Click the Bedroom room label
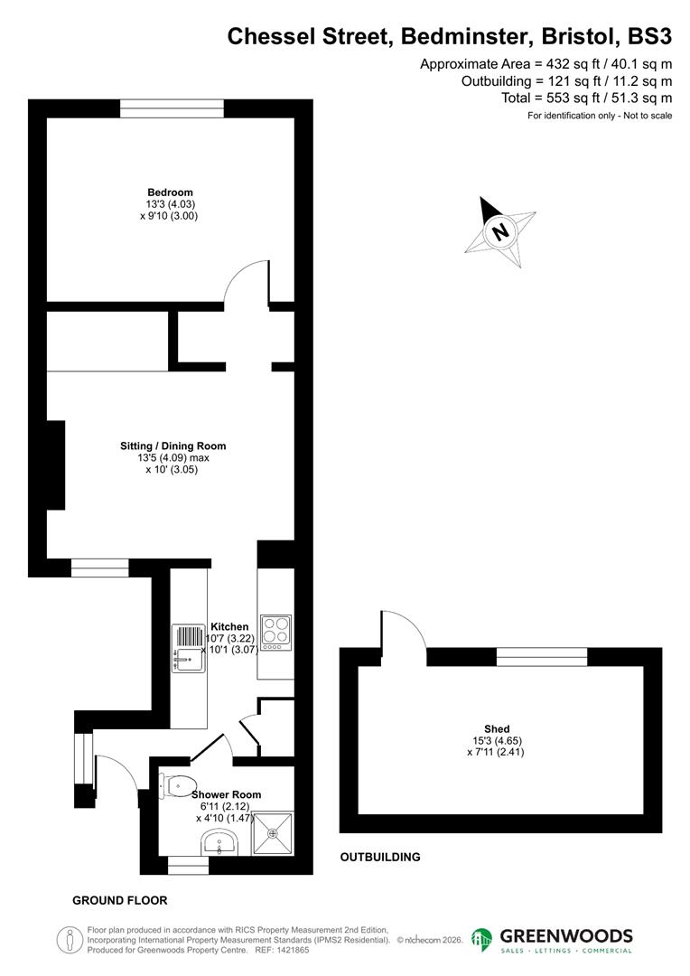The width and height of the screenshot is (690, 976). click(x=170, y=192)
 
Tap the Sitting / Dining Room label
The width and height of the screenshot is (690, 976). click(x=172, y=446)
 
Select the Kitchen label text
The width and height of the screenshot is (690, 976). click(x=229, y=626)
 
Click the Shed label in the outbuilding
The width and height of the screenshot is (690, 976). click(x=497, y=728)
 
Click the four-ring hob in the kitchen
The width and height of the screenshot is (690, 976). click(x=275, y=630)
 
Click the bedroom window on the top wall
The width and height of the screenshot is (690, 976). click(x=172, y=108)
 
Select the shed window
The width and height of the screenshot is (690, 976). click(x=542, y=657)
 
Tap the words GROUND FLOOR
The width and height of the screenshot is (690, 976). click(x=119, y=901)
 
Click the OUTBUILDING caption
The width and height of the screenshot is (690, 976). click(x=380, y=857)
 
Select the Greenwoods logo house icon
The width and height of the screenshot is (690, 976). click(x=483, y=940)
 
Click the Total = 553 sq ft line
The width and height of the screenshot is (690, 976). click(x=587, y=98)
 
